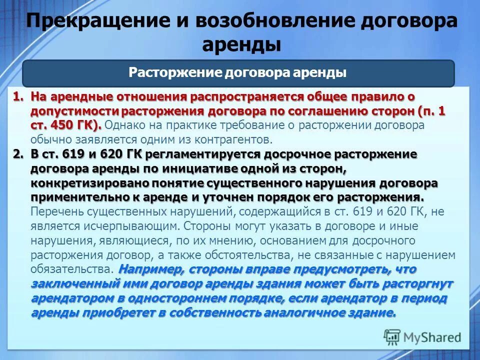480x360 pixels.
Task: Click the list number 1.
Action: coord(17,96)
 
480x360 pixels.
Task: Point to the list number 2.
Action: coord(17,154)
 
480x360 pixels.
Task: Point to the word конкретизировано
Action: coord(82,183)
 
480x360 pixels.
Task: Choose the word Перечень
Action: coord(54,211)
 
